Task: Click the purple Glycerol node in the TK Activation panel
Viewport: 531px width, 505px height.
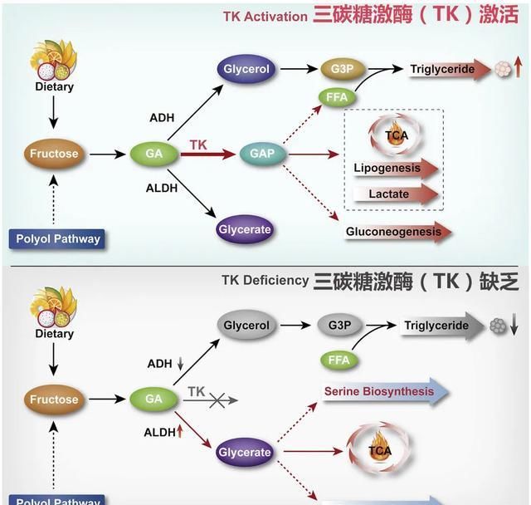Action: coord(246,70)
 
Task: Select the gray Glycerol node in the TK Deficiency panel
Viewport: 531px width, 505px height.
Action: coord(246,326)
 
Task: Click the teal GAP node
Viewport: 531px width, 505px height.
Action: coord(261,154)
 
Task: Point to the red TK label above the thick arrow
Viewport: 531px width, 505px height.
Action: coord(198,145)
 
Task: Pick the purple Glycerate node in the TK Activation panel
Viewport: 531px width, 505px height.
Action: coord(245,228)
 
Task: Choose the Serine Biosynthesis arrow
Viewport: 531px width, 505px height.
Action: coord(385,391)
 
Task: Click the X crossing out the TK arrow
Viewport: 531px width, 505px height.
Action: coord(217,400)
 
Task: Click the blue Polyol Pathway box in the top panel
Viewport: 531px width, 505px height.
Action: coord(58,239)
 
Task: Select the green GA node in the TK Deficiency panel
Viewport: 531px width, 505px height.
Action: coord(153,400)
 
